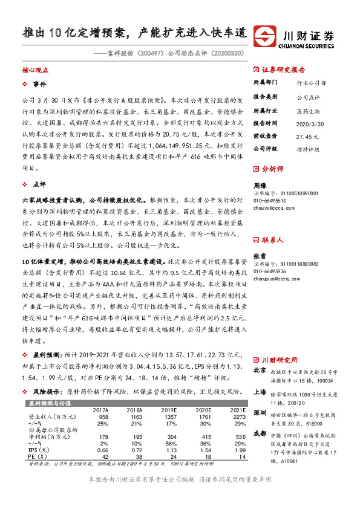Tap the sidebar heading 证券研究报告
pos(284,69)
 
